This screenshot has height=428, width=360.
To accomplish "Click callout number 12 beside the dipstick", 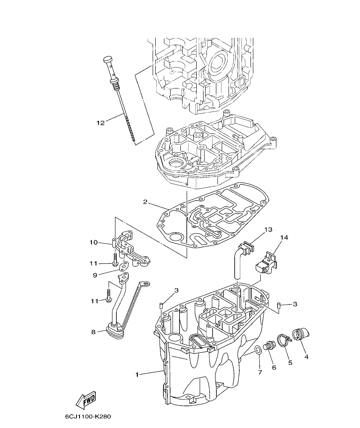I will point(100,123).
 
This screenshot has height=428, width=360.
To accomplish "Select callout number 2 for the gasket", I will point(145,202).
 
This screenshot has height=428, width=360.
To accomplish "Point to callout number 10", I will point(94,242).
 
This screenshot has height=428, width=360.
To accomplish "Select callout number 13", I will point(268,230).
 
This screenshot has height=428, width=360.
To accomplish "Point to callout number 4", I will point(306,356).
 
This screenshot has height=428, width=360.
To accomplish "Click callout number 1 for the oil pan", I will point(137,375).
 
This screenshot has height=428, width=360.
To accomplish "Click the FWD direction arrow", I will point(85,400).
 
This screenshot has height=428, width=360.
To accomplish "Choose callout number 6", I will point(274,367).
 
